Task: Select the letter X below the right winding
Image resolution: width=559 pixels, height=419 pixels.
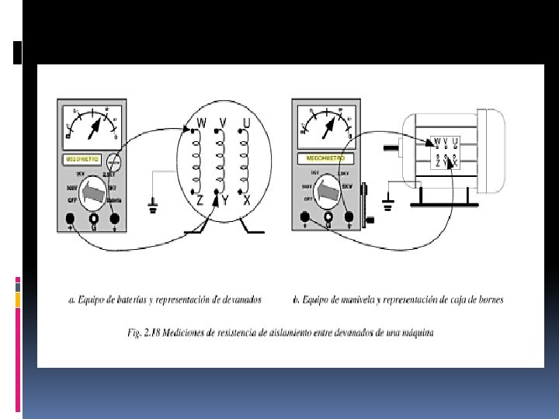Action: click(x=246, y=199)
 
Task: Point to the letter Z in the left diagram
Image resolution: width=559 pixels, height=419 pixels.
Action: click(x=200, y=200)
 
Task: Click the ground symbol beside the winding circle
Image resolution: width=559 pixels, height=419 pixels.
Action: click(x=153, y=206)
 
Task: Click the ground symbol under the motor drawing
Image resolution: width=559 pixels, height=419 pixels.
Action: click(x=388, y=206)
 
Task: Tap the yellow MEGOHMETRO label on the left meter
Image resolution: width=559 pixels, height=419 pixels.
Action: click(x=84, y=159)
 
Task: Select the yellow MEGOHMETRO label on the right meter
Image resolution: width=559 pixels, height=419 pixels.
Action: click(x=318, y=158)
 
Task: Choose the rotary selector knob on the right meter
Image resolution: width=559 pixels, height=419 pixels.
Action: click(x=328, y=189)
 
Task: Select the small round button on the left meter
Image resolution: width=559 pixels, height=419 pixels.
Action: click(x=114, y=163)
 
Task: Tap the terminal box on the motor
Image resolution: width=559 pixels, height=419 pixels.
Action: click(x=446, y=151)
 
